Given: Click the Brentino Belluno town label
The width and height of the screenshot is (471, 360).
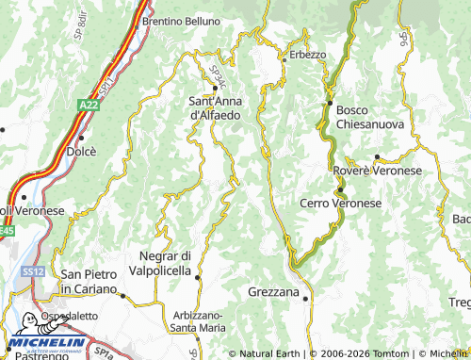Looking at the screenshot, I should tap(181, 20).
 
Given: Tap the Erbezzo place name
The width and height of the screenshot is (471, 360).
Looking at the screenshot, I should tap(306, 55).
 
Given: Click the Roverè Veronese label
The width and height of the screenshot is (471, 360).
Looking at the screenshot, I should tap(378, 171).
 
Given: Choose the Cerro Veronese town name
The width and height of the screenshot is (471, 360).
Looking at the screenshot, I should tap(340, 203).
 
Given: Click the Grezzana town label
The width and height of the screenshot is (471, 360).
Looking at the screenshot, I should tap(273, 292).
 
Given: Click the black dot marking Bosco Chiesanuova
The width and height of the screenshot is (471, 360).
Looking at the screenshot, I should tap(331, 103).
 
